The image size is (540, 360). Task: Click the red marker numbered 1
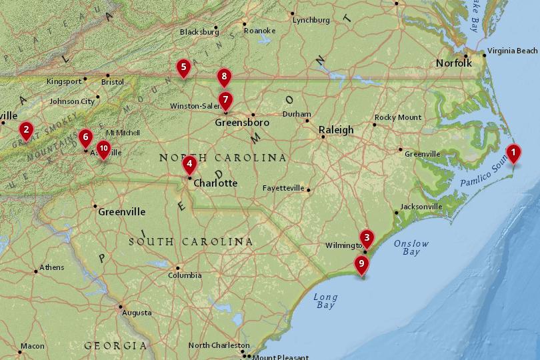pyautogui.click(x=513, y=153)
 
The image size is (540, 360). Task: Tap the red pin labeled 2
pyautogui.click(x=26, y=129)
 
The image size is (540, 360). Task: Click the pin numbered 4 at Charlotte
pyautogui.click(x=189, y=164)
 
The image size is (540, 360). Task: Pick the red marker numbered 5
pyautogui.click(x=183, y=67)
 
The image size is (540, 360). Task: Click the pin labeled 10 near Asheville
pyautogui.click(x=103, y=148)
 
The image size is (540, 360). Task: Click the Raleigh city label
pyautogui.click(x=336, y=130)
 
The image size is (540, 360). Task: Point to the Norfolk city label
pyautogui.click(x=453, y=63)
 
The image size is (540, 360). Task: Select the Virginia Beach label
pyautogui.click(x=512, y=51)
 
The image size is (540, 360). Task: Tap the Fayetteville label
pyautogui.click(x=283, y=188)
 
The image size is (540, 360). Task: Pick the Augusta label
pyautogui.click(x=137, y=313)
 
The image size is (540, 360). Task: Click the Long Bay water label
pyautogui.click(x=325, y=301)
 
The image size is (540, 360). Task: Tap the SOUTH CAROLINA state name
pyautogui.click(x=191, y=241)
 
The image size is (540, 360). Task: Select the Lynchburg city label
pyautogui.click(x=311, y=21)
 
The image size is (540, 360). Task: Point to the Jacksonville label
pyautogui.click(x=421, y=207)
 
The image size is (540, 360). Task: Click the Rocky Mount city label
pyautogui.click(x=398, y=117)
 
